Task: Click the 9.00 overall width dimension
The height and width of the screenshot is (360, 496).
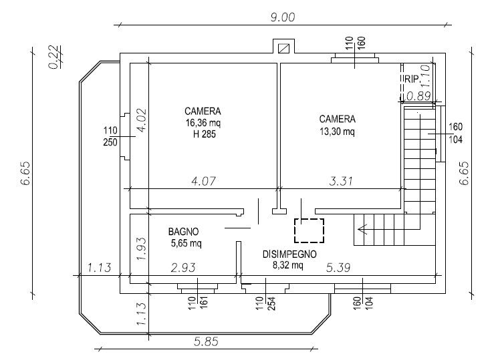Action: pyautogui.click(x=283, y=17)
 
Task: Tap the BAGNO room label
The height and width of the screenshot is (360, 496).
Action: pyautogui.click(x=183, y=232)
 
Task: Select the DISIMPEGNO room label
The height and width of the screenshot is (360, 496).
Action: pyautogui.click(x=289, y=254)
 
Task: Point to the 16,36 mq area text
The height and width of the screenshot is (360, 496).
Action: pyautogui.click(x=203, y=123)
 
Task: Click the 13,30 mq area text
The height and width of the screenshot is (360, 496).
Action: pyautogui.click(x=337, y=131)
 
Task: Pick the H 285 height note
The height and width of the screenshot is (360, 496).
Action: pyautogui.click(x=205, y=134)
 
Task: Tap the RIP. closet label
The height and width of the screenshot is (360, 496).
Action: pyautogui.click(x=412, y=79)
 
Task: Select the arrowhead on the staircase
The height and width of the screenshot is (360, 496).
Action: pyautogui.click(x=362, y=228)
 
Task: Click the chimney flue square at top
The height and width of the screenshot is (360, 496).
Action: pyautogui.click(x=283, y=49)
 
